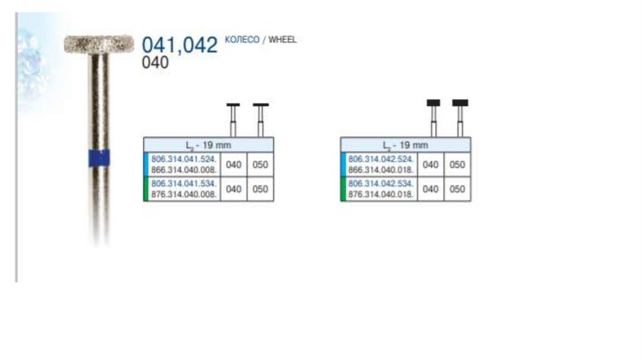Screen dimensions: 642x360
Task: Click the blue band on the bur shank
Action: (99, 158)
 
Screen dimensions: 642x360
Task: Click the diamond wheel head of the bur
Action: (99, 43)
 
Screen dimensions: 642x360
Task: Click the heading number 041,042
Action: (180, 45)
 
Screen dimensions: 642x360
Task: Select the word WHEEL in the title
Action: (282, 40)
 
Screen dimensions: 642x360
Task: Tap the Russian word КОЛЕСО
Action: (242, 40)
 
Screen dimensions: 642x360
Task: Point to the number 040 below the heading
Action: (155, 63)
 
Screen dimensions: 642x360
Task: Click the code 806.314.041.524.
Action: (184, 159)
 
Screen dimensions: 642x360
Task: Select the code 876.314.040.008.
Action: (184, 194)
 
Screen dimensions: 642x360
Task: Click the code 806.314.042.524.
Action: (381, 159)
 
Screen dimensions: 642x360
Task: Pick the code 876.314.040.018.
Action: (381, 194)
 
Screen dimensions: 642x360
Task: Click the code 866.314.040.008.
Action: (184, 169)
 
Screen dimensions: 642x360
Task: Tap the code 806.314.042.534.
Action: (381, 184)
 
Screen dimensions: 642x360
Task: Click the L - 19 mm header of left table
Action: (209, 145)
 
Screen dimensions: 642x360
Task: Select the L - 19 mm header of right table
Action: (406, 145)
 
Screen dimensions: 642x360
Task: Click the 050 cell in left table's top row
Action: (260, 164)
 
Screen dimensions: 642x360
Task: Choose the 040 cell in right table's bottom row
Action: (431, 189)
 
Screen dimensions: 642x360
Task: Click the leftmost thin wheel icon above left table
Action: (233, 105)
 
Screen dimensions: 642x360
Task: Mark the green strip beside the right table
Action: (342, 189)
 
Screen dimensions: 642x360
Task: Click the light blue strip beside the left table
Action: (145, 164)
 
